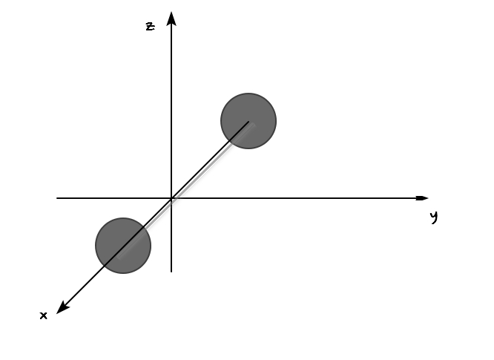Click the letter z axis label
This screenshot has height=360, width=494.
pyautogui.click(x=151, y=27)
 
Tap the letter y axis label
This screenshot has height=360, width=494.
pyautogui.click(x=434, y=217)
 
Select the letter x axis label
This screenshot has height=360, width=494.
pyautogui.click(x=44, y=315)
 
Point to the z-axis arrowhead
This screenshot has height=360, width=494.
pyautogui.click(x=171, y=19)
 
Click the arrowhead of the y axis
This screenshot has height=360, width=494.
pyautogui.click(x=422, y=198)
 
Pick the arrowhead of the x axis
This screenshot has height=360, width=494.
pyautogui.click(x=62, y=307)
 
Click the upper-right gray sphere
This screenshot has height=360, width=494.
pyautogui.click(x=248, y=121)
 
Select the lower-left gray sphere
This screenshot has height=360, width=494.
pyautogui.click(x=123, y=246)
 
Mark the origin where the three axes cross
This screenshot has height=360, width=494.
pyautogui.click(x=171, y=198)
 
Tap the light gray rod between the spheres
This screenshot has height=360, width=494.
pyautogui.click(x=186, y=191)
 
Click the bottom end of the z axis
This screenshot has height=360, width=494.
pyautogui.click(x=171, y=272)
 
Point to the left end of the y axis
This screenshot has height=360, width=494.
pyautogui.click(x=57, y=198)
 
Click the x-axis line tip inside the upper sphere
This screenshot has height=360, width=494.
pyautogui.click(x=248, y=122)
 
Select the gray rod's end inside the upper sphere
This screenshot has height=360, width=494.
pyautogui.click(x=253, y=125)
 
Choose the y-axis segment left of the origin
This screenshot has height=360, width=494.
pyautogui.click(x=114, y=198)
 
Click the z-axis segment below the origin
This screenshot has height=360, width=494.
pyautogui.click(x=171, y=235)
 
